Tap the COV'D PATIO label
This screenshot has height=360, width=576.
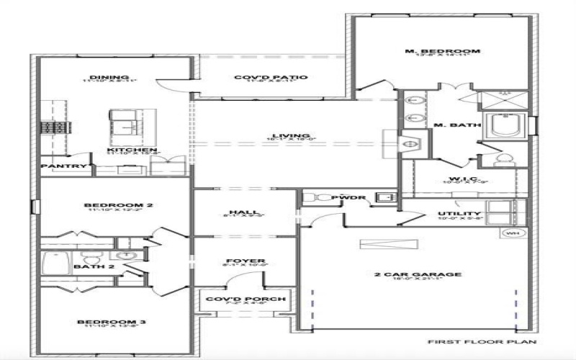(271, 77)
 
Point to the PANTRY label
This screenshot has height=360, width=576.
(63, 166)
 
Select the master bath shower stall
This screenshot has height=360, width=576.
(504, 100)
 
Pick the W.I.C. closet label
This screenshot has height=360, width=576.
(459, 179)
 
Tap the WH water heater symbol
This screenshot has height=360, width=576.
(513, 233)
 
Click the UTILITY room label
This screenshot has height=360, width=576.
(459, 214)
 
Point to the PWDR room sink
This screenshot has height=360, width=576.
(385, 197)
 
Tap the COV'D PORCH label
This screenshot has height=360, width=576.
(246, 299)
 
